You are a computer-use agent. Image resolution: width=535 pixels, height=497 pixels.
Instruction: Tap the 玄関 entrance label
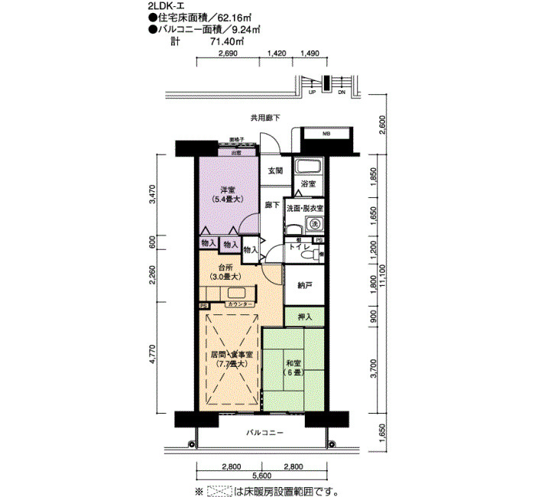pyautogui.click(x=275, y=171)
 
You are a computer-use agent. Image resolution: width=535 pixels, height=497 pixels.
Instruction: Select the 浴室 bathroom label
pyautogui.click(x=308, y=185)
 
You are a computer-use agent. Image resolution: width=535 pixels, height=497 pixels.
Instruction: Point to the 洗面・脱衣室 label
pyautogui.click(x=305, y=208)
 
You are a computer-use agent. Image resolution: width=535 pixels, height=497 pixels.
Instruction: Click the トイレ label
pyautogui.click(x=298, y=248)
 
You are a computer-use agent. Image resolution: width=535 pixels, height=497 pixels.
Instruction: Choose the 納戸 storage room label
pyautogui.click(x=304, y=285)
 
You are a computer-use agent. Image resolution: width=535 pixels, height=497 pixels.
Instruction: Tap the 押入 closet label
pyautogui.click(x=304, y=314)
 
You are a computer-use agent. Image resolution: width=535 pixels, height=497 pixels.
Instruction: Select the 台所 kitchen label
pyautogui.click(x=226, y=268)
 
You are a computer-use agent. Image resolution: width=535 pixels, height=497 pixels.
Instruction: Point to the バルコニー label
pyautogui.click(x=264, y=433)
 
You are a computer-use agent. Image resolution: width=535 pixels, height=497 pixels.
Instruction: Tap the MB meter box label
pyautogui.click(x=326, y=135)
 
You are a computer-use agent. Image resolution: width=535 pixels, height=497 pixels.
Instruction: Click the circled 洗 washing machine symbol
pyautogui.click(x=313, y=224)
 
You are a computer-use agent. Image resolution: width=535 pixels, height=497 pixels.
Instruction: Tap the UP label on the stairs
pyautogui.click(x=313, y=93)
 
